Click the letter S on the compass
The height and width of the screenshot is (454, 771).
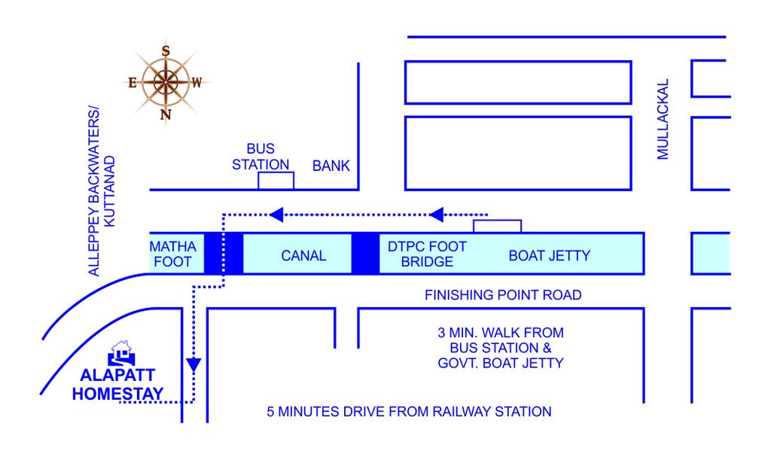[x=166, y=50]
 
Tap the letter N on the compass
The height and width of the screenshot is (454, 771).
[x=166, y=114]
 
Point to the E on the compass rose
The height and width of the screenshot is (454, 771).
[x=133, y=83]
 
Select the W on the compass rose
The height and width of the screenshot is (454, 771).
[x=197, y=83]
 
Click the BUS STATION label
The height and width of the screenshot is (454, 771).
[x=261, y=157]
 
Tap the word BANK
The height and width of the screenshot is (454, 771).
[x=331, y=166]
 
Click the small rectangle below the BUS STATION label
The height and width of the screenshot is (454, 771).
[x=276, y=181]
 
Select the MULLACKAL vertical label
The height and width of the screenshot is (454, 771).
[x=663, y=119]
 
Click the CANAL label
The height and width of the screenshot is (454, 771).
[x=303, y=256]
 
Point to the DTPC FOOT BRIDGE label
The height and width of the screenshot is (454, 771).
[x=427, y=254]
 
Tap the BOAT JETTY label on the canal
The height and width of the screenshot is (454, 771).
[x=549, y=256]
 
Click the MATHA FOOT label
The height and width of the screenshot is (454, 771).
[x=172, y=254]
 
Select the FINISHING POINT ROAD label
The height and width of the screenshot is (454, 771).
[x=503, y=295]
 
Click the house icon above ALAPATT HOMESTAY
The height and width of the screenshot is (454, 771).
[x=121, y=353]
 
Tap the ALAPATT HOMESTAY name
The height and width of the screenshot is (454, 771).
[x=118, y=385]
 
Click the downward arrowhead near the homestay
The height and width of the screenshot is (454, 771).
[x=194, y=364]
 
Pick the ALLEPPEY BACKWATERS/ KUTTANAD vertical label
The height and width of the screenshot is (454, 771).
[x=102, y=191]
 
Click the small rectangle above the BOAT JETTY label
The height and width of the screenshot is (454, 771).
[x=497, y=227]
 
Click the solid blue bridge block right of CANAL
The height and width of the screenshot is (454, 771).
[x=365, y=254]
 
